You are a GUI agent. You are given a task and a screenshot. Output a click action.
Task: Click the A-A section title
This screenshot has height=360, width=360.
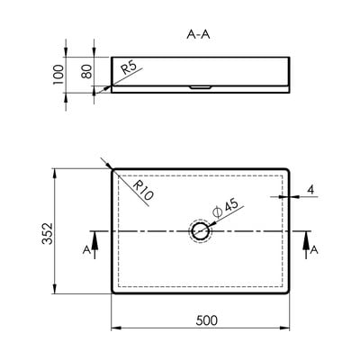click(198, 35)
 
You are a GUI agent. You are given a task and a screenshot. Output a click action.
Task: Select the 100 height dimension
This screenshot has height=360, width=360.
click(58, 75)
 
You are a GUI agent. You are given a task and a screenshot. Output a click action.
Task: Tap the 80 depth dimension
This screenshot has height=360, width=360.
click(86, 72)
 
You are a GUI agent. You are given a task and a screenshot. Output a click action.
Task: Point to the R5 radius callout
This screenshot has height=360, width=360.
click(129, 67)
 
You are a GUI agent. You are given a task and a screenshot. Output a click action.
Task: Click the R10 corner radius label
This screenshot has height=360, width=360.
click(143, 190)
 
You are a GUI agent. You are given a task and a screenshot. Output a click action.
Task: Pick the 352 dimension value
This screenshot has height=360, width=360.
click(47, 233)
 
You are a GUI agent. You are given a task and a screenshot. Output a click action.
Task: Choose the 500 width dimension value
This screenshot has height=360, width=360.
click(207, 320)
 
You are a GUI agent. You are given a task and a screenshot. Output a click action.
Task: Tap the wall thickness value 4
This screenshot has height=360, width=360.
click(311, 190)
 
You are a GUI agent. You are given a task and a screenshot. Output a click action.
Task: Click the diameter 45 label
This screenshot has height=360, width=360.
click(225, 208)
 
